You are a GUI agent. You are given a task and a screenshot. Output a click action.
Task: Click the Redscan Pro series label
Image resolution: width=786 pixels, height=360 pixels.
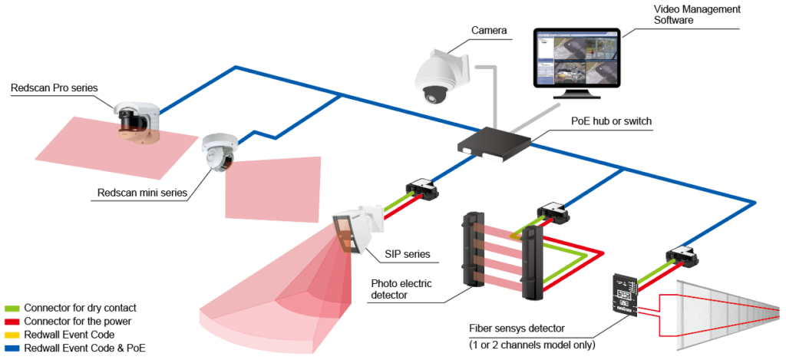(x=54, y=88)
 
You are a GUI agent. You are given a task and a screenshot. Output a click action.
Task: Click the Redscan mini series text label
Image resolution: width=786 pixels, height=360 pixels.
(x=142, y=193)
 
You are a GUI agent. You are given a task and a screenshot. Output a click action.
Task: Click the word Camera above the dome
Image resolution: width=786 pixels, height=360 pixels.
(x=489, y=31)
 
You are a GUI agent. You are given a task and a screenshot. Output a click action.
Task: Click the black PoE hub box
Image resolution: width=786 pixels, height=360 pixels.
(x=494, y=142)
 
